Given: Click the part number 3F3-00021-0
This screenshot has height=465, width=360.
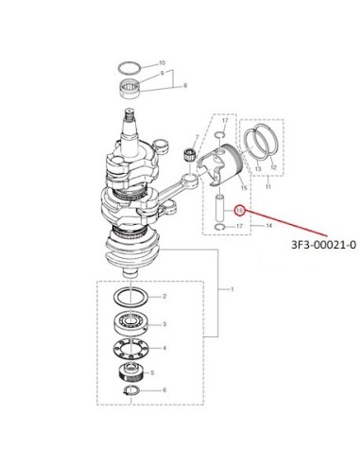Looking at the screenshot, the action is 324,245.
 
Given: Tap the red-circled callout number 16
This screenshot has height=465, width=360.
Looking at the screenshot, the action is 240,210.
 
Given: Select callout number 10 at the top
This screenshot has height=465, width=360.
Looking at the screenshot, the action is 163,63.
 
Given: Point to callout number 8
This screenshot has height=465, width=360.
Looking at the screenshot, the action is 185,85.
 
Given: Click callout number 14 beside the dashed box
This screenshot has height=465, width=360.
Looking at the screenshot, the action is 269,226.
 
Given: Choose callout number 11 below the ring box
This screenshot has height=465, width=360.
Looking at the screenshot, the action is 268,187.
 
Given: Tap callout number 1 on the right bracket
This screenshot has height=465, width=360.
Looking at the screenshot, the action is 232,289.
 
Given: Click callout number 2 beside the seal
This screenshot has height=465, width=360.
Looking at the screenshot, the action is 164,297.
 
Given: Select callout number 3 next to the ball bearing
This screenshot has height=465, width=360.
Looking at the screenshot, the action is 164,324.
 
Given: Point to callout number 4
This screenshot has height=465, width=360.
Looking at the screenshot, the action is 164,348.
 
